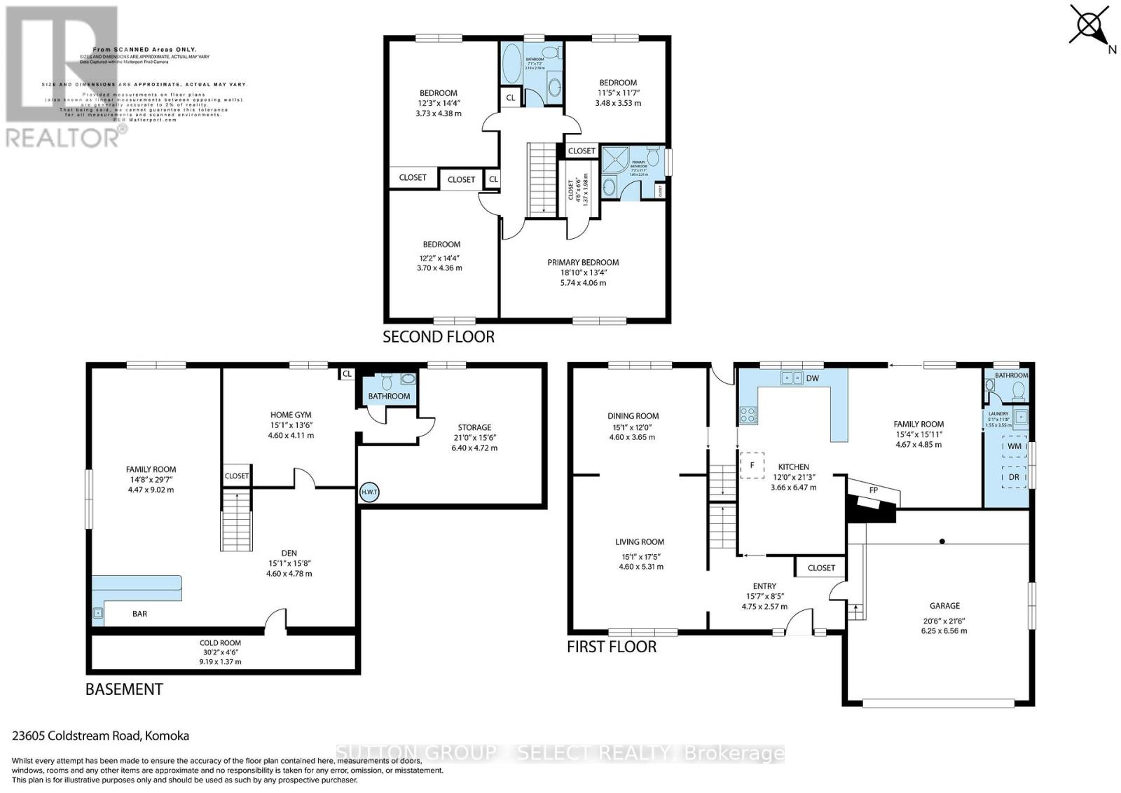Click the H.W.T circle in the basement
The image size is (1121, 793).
coord(369,492)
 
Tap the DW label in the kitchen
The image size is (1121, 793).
coord(813,378)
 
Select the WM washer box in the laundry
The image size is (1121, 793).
coord(1014,446)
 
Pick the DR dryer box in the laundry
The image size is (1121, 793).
coord(1014,477)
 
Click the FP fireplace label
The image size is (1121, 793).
coord(874,490)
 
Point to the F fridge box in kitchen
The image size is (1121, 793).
coord(752,464)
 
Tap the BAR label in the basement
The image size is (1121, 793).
coord(140,614)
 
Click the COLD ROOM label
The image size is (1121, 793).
coord(220,642)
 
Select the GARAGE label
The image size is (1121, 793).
coord(944,606)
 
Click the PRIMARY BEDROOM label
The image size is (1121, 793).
coord(583,263)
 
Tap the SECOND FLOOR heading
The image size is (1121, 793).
coord(439,337)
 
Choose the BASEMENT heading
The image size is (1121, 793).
coord(124,689)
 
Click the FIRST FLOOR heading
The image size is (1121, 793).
coord(612,647)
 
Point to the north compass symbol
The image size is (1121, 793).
coord(1090,27)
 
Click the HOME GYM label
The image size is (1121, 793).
coord(291,415)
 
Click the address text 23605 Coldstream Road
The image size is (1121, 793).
coord(101,736)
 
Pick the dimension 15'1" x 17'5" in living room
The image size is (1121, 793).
coord(640,556)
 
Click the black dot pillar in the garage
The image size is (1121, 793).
coord(942,542)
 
